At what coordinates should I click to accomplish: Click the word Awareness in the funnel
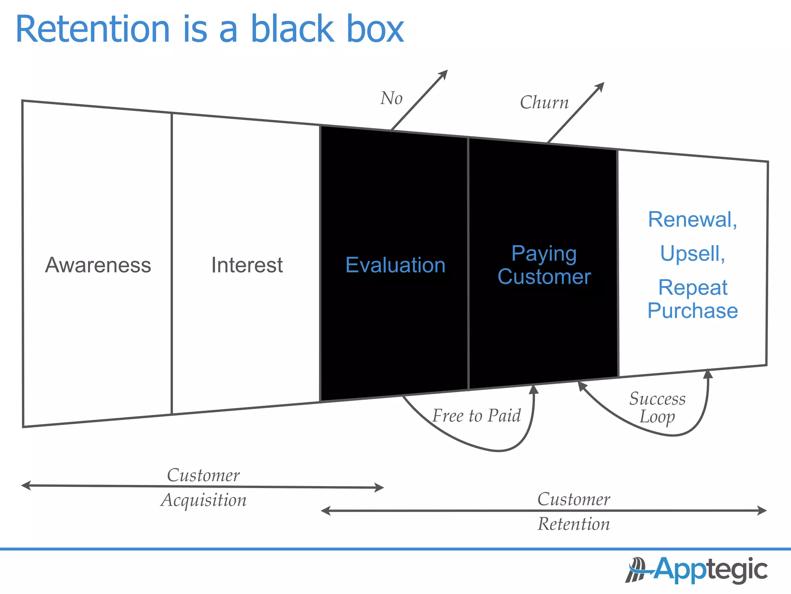(98, 265)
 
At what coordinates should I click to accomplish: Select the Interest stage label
(247, 265)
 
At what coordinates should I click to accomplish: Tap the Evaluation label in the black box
(395, 265)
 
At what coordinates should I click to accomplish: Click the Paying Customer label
(544, 265)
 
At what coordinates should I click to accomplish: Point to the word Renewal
(692, 220)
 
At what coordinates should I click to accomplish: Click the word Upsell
(692, 254)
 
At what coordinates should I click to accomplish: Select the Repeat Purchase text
(693, 299)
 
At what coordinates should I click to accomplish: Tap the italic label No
(391, 98)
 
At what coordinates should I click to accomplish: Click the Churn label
(544, 102)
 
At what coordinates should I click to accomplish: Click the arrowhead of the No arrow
(444, 73)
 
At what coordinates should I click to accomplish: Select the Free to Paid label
(476, 416)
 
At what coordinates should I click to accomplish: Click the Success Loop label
(657, 408)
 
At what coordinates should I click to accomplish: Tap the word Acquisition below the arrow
(204, 500)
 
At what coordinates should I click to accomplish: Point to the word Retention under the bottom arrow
(574, 524)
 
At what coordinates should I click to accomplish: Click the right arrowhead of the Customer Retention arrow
(763, 510)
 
